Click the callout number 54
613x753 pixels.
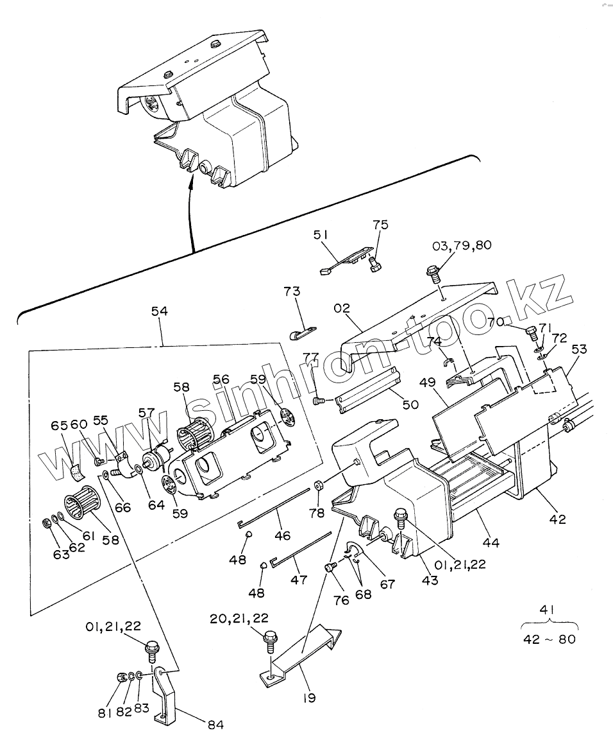point(159,311)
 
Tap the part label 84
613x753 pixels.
point(216,725)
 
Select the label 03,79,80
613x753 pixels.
point(462,245)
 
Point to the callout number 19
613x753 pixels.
point(310,697)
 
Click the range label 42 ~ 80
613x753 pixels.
point(550,639)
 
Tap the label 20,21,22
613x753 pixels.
point(239,618)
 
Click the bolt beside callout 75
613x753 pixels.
point(376,264)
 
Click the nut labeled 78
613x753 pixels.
point(317,486)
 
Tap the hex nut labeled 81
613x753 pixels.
point(122,677)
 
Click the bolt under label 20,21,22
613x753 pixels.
point(270,641)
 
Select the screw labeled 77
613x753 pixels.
point(319,400)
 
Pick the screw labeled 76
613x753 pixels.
point(330,567)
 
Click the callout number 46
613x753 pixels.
point(283,535)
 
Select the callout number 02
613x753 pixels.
point(342,308)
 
